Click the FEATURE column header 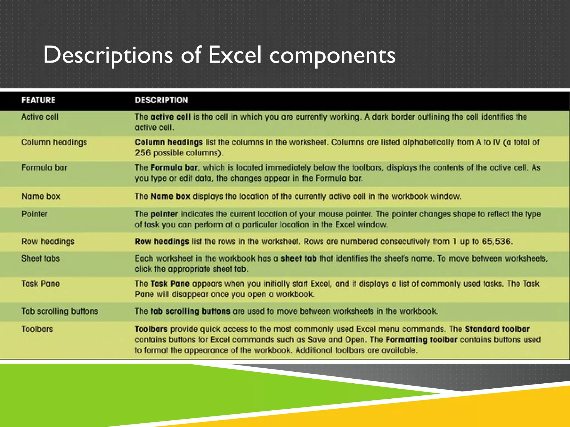[x=38, y=100]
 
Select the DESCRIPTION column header [x=161, y=100]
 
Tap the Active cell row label [x=40, y=117]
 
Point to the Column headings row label [x=54, y=142]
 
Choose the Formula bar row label [x=44, y=168]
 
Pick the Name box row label [x=41, y=197]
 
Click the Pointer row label [x=35, y=214]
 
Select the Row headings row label [x=48, y=241]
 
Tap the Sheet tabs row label [x=41, y=259]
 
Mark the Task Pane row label [x=41, y=284]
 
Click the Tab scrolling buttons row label [x=60, y=311]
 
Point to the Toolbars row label [x=37, y=329]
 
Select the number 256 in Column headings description [x=143, y=153]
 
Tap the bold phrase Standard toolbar [x=497, y=329]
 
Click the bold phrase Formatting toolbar [x=421, y=340]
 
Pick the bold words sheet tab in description [x=299, y=259]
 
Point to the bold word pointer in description [x=164, y=214]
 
